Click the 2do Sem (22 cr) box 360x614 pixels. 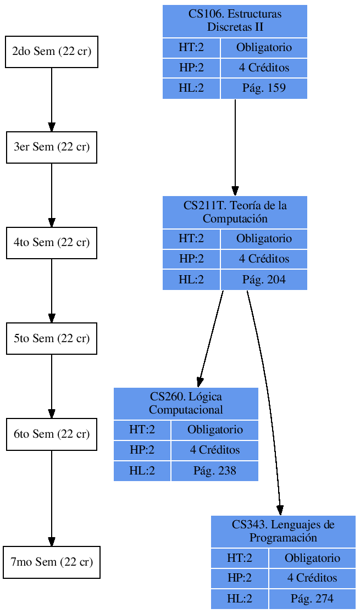pos(52,52)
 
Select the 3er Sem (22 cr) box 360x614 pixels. pos(52,147)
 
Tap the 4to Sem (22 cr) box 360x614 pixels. pos(52,243)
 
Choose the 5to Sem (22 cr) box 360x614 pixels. pos(52,338)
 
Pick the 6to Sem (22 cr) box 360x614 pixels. pos(52,434)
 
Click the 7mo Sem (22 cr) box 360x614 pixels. pos(52,562)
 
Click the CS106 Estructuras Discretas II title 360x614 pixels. pos(235,21)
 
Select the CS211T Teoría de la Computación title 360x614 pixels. pos(235,212)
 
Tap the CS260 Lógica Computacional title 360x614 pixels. pos(186,403)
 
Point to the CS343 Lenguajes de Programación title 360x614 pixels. pos(283,531)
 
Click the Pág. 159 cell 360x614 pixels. pos(264,88)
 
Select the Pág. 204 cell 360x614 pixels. pos(264,280)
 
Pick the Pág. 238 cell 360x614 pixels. pos(215,471)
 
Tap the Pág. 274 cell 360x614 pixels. pos(312,599)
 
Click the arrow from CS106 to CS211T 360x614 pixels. pos(235,146)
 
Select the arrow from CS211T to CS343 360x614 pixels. pos(268,395)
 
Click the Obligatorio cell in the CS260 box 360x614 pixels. pos(215,429)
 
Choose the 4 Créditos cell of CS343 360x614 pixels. pos(312,578)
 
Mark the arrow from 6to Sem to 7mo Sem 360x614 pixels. pos(52,497)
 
